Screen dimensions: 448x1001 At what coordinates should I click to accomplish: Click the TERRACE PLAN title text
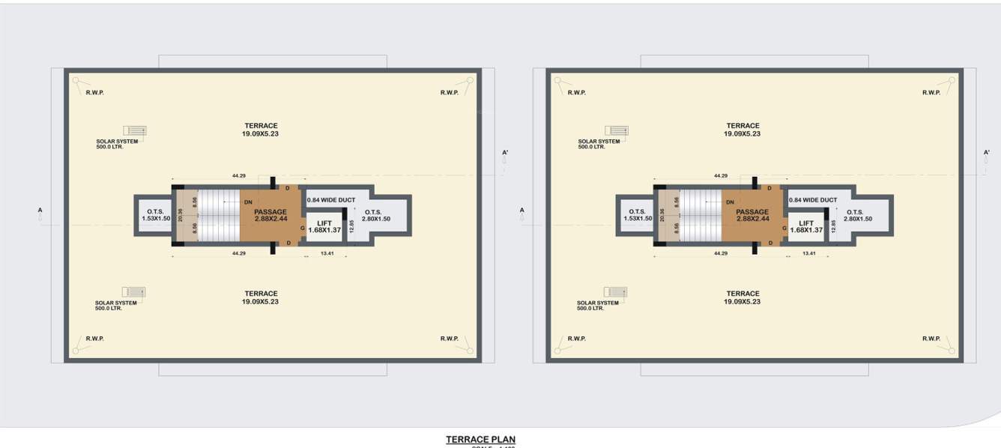pos(480,440)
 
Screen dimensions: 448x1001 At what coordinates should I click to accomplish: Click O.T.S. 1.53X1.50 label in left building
pos(156,215)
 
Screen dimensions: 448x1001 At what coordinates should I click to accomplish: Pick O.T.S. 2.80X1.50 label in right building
pos(858,215)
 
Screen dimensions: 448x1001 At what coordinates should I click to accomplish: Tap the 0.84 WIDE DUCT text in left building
pos(330,200)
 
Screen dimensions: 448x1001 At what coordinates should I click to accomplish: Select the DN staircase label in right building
pos(730,202)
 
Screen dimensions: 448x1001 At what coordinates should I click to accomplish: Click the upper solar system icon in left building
pos(135,130)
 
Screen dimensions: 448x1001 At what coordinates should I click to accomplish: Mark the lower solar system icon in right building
pos(616,292)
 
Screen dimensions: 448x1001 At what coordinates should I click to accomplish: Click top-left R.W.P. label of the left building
pos(95,92)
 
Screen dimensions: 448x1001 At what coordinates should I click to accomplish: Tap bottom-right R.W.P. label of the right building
pos(931,339)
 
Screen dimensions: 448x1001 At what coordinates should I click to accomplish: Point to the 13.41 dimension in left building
pos(327,254)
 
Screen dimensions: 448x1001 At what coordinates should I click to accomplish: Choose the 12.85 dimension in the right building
pos(833,225)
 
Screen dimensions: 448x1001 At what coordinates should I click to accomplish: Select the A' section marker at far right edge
pos(987,153)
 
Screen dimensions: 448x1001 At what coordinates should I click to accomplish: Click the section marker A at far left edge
pos(40,211)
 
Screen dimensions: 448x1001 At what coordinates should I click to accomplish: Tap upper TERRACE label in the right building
pos(743,126)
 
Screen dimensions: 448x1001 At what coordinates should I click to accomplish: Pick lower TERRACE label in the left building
pos(261,294)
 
